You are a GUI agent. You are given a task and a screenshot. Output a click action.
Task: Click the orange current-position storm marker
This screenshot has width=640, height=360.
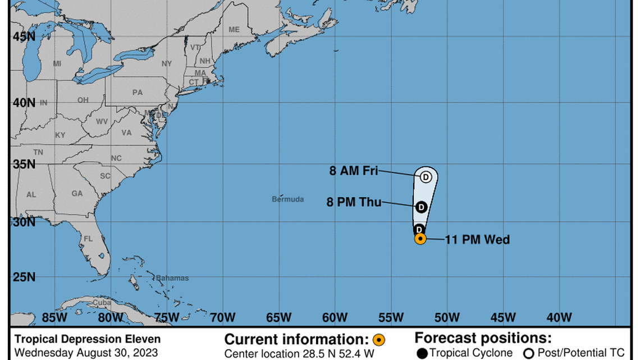point(420,239)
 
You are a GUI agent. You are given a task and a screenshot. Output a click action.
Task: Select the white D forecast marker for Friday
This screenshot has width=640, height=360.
point(426,177)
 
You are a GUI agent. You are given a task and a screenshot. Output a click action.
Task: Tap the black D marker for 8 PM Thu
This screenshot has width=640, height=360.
point(421,207)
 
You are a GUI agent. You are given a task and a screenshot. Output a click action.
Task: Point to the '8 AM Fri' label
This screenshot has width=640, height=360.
point(354,171)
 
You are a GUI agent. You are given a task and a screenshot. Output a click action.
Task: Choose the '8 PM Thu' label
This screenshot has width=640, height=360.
point(354,202)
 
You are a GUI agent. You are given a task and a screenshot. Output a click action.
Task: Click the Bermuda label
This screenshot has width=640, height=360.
point(288,199)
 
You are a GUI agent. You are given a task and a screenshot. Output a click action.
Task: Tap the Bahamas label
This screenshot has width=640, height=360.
point(172,278)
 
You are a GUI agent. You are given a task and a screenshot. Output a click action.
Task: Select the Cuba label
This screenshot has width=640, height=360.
point(102,302)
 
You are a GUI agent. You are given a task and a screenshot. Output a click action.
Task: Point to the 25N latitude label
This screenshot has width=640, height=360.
point(24,277)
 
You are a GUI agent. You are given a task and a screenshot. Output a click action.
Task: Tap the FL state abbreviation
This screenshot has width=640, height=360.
point(88,238)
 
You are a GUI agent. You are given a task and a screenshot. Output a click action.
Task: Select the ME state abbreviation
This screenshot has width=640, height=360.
point(234,29)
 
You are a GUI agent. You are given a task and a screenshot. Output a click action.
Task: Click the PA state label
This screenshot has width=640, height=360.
point(138,93)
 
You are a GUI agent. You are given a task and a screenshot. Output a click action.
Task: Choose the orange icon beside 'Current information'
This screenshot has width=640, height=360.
point(379,340)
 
